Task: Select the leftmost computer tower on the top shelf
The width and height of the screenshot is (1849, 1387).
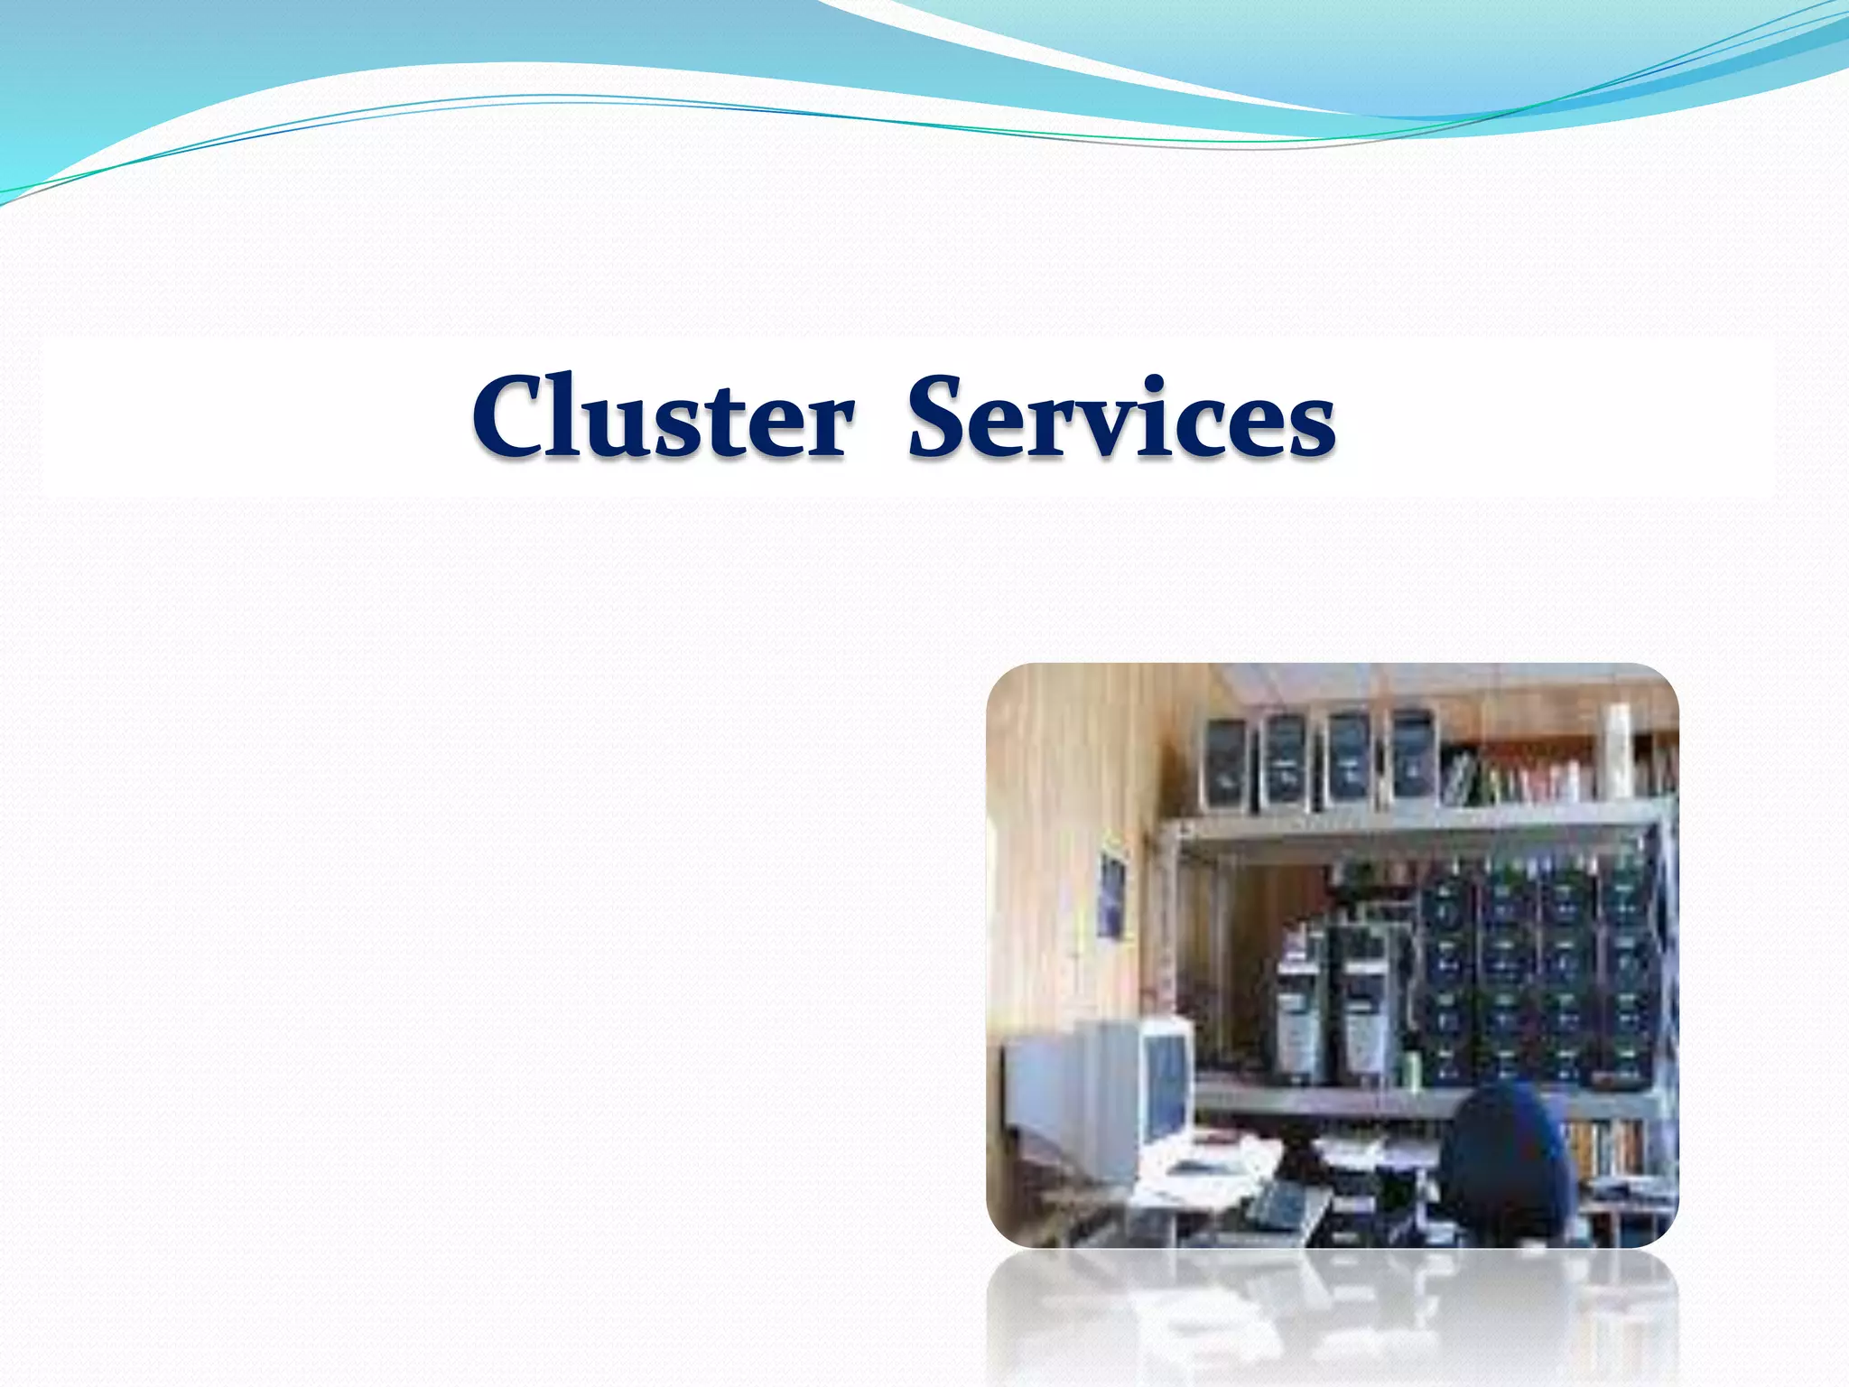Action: (1224, 763)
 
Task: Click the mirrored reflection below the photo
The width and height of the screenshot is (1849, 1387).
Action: (1332, 1318)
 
